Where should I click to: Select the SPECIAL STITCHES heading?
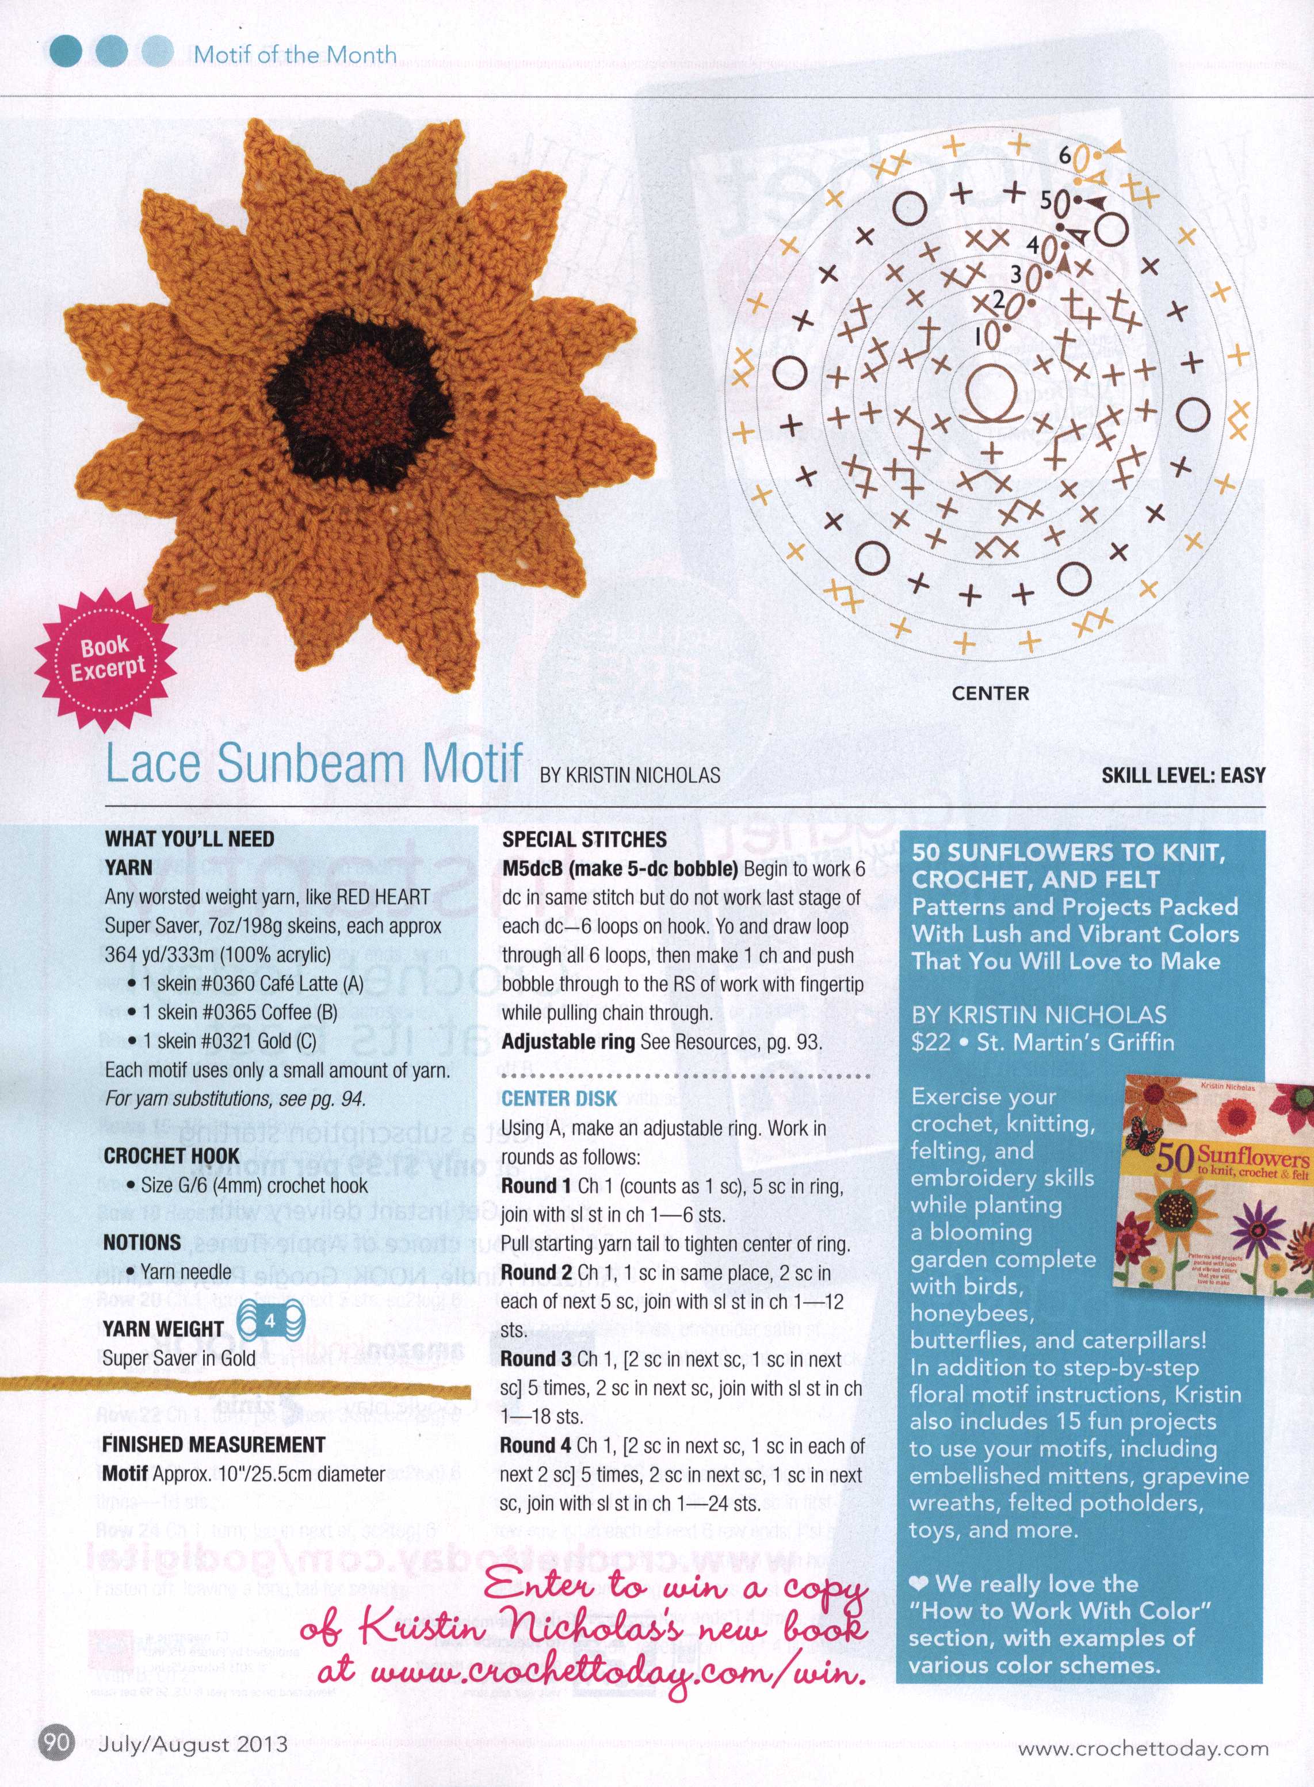tap(585, 839)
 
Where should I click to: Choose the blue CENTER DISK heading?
tap(559, 1099)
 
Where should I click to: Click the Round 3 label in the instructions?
tap(535, 1359)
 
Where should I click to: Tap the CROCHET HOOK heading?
tap(171, 1155)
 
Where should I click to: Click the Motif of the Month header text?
tap(295, 55)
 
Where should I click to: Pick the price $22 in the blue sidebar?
tap(931, 1042)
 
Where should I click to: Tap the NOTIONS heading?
tap(142, 1242)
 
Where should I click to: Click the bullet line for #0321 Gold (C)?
tap(229, 1041)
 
